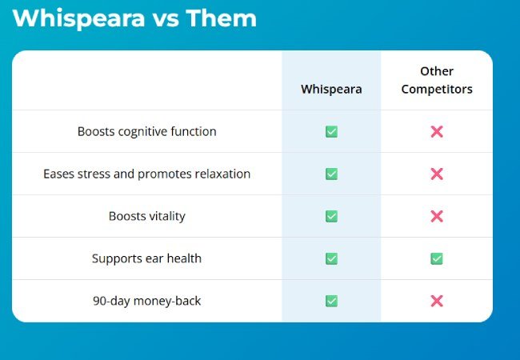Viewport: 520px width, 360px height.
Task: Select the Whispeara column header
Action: [x=331, y=89]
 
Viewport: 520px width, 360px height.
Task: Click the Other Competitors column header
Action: [x=437, y=81]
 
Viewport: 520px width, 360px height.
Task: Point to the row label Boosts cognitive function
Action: [x=147, y=131]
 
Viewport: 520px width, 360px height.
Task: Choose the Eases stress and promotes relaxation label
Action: [x=147, y=174]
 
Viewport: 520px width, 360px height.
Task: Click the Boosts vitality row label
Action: [x=147, y=216]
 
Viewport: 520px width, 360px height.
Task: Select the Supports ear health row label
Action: [x=147, y=258]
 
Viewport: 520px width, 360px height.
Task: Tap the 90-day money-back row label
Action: [x=147, y=301]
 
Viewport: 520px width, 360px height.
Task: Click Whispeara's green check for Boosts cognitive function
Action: [x=331, y=131]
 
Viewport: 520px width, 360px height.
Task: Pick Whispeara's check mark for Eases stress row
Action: [x=331, y=174]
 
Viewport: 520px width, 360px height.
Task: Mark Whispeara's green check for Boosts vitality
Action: [x=331, y=216]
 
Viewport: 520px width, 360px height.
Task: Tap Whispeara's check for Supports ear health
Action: [x=331, y=258]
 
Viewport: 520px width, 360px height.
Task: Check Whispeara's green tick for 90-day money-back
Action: [x=331, y=301]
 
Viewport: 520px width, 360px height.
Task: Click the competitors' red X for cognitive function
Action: [x=437, y=131]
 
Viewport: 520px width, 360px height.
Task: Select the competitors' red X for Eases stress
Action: [x=437, y=174]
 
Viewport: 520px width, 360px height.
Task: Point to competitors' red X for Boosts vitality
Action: [x=437, y=216]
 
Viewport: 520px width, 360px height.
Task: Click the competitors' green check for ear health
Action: [x=437, y=258]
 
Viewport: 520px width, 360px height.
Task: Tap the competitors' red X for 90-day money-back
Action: [x=437, y=301]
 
